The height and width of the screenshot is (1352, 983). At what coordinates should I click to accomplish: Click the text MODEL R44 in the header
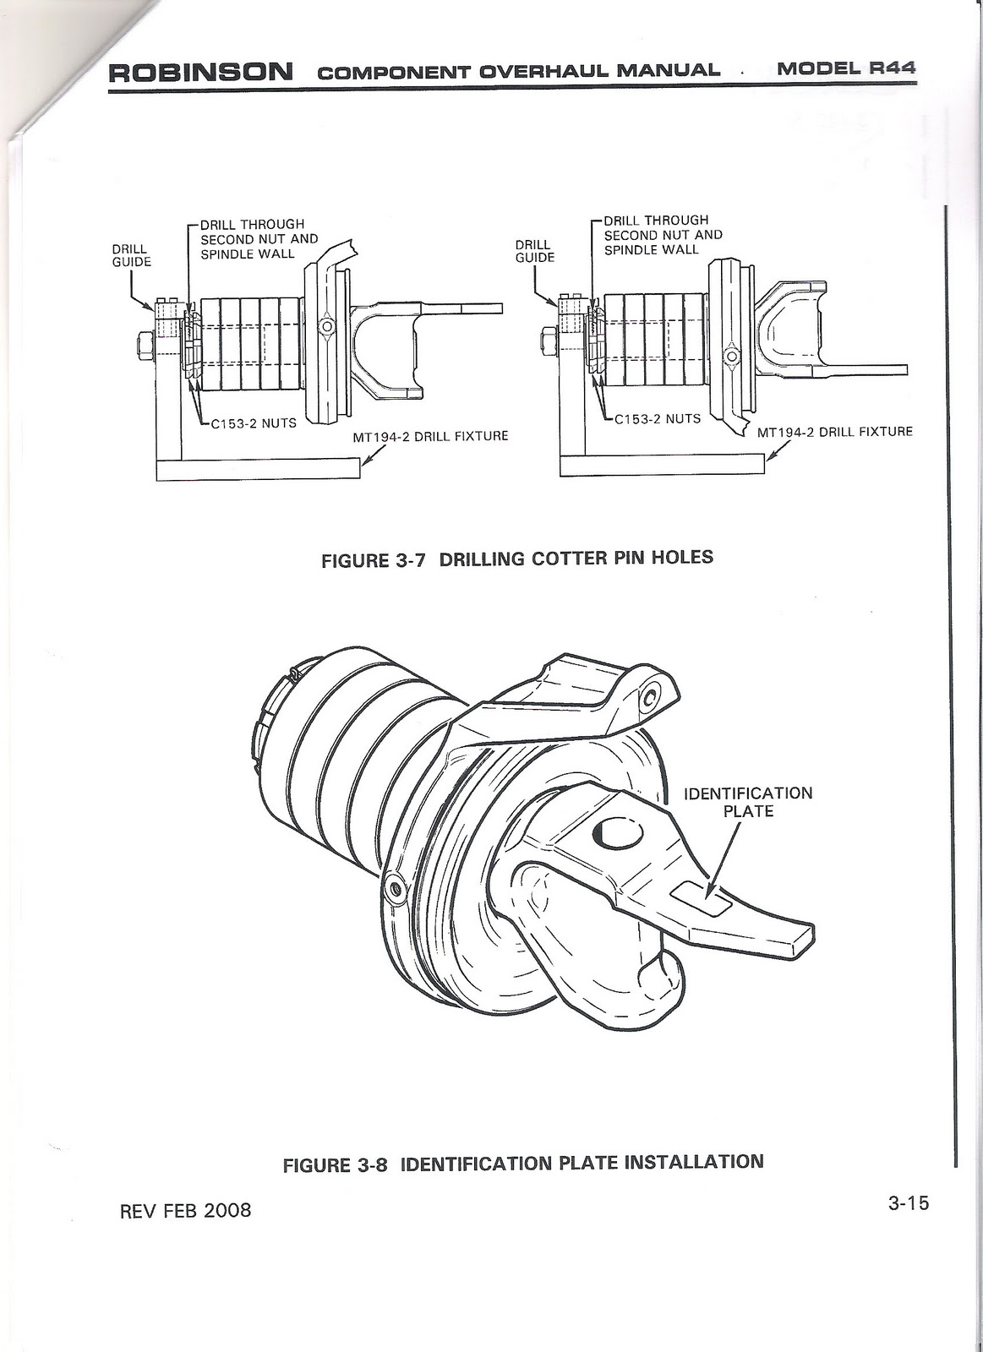(846, 68)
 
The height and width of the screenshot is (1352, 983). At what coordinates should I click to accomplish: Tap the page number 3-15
(908, 1202)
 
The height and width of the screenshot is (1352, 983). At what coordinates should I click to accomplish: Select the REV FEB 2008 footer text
(187, 1210)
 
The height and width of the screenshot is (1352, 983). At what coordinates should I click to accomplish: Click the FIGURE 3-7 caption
(517, 559)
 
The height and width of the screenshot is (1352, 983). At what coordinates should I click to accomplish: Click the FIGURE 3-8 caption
(522, 1163)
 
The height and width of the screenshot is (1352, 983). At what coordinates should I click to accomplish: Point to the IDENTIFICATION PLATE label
(747, 802)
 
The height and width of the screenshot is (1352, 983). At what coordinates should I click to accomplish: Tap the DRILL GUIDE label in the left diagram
(131, 255)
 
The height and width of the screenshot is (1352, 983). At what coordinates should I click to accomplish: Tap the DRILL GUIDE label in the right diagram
(534, 251)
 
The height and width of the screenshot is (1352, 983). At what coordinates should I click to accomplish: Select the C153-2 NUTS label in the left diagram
(253, 422)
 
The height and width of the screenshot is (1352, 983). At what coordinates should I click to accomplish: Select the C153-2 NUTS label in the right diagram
(657, 418)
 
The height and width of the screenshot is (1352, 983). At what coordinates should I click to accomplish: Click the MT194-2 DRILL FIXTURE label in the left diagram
(430, 437)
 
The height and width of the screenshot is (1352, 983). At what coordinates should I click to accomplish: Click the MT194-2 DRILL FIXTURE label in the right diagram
(834, 432)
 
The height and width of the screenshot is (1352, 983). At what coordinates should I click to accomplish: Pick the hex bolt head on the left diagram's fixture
(142, 345)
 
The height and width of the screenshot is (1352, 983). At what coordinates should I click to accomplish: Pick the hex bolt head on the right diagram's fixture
(546, 341)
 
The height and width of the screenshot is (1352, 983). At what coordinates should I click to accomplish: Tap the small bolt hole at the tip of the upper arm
(650, 698)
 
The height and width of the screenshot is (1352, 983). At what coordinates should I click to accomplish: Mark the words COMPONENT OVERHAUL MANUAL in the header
(519, 70)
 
